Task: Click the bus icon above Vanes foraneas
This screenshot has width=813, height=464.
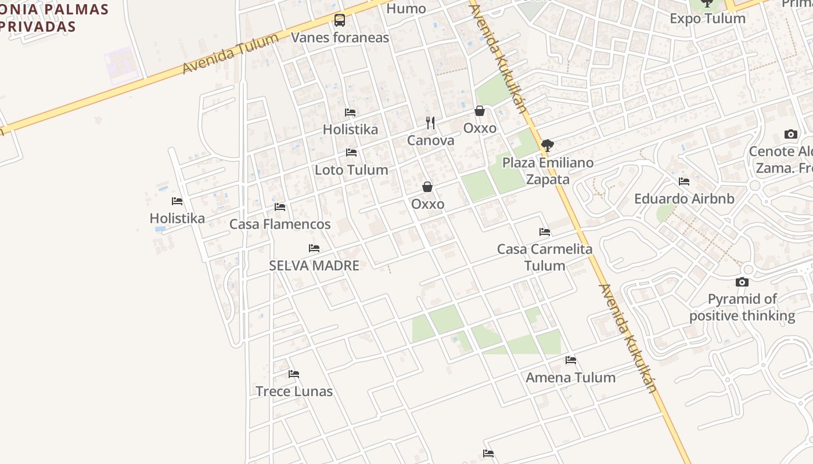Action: coord(340,21)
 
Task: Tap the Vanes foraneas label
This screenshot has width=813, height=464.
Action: coord(340,38)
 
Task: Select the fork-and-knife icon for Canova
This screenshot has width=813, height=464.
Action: coord(430,122)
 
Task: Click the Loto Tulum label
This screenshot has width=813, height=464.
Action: coord(351,170)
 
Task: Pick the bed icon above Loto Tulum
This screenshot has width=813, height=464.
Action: coord(351,153)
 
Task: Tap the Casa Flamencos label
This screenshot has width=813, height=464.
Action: coord(280,224)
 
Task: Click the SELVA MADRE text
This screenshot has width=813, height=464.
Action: coord(314,266)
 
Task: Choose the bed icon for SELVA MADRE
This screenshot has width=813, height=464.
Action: coord(314,248)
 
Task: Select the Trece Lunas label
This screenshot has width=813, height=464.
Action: coord(294,391)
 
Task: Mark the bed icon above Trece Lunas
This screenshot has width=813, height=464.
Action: coord(294,374)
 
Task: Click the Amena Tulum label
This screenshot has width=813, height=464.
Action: coord(570,378)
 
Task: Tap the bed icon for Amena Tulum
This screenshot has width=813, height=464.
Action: coord(571,360)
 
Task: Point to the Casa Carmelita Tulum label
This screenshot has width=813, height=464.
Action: coord(545,258)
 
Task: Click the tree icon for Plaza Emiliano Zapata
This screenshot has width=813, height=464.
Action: coord(547,145)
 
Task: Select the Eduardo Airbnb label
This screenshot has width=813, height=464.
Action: coord(684,198)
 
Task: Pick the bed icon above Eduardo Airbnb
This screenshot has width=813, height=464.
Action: coord(684,182)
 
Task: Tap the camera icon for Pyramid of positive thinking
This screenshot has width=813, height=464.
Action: coord(742,282)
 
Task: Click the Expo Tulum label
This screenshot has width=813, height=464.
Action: coord(707,19)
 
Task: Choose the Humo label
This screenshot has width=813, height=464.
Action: coord(406,9)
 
